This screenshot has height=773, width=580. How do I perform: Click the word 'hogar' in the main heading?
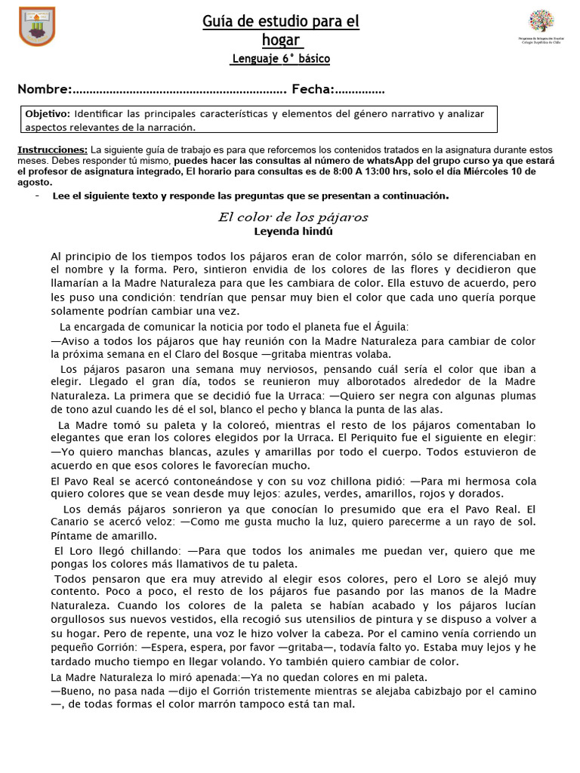[280, 40]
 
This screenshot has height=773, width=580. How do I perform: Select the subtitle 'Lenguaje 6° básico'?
[280, 59]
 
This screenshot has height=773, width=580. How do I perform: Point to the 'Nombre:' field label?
[45, 90]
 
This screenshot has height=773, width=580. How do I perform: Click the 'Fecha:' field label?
[313, 90]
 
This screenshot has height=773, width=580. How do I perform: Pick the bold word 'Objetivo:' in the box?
[48, 113]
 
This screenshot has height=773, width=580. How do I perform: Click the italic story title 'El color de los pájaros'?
[293, 217]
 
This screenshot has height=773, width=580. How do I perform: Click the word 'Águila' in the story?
[390, 327]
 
